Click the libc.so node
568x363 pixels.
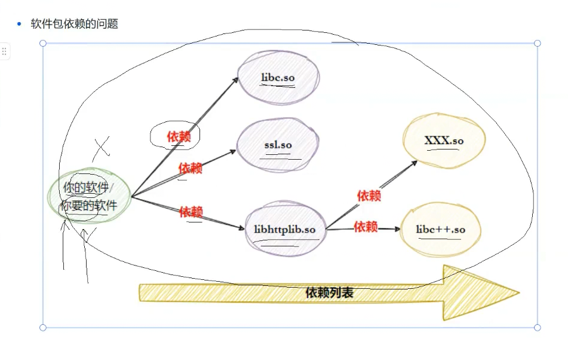pos(278,78)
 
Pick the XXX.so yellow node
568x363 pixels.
pos(444,141)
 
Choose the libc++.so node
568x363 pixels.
pos(441,230)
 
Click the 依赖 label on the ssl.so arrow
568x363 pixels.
pos(191,168)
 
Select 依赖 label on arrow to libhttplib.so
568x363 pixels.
pos(191,211)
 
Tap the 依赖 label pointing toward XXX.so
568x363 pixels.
pos(369,196)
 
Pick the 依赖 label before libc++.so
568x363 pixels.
pos(366,227)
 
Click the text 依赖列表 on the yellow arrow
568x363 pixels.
pos(329,293)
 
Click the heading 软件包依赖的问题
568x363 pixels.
pos(75,24)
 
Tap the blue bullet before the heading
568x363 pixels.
pos(19,24)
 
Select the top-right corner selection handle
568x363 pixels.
pos(537,43)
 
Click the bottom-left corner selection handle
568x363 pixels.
pos(43,327)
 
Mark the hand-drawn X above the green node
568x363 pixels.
pos(102,145)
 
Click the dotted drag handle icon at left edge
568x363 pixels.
pos(4,52)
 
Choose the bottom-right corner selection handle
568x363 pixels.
pos(537,327)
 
